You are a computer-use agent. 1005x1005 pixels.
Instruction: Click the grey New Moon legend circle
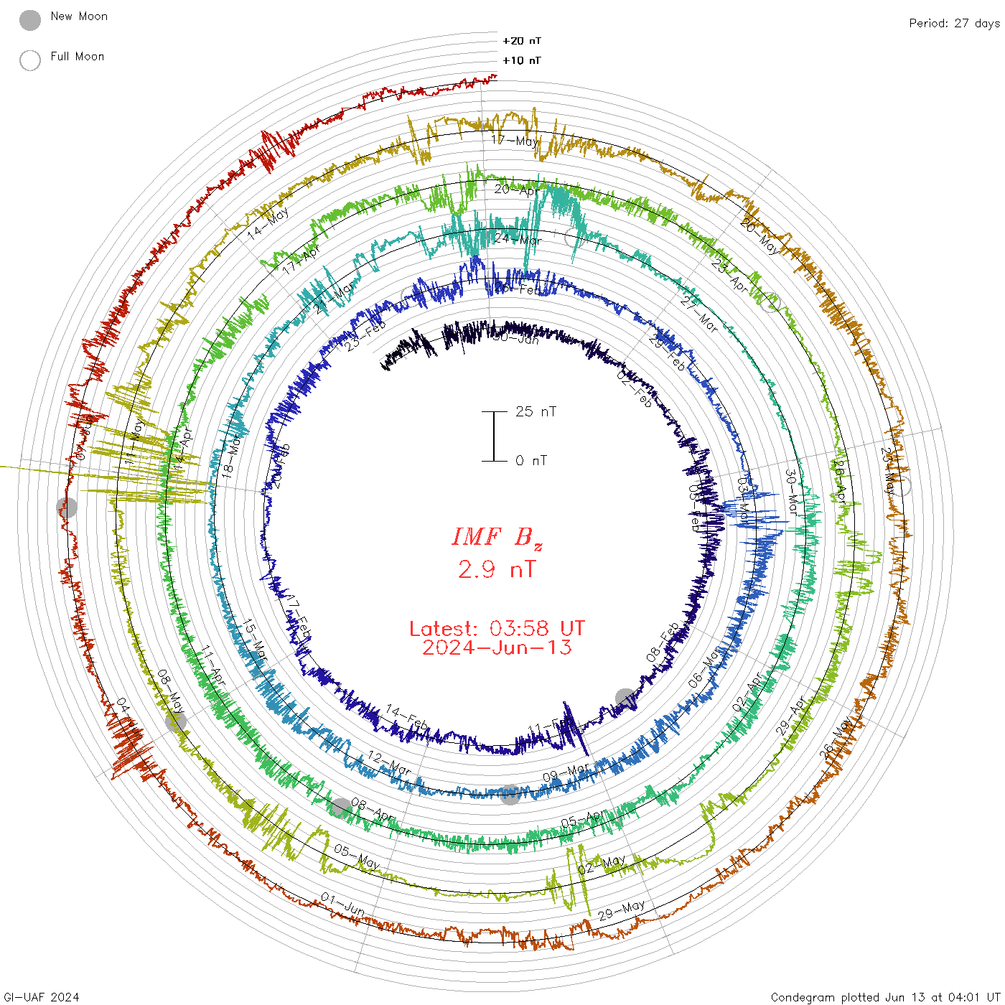tap(30, 21)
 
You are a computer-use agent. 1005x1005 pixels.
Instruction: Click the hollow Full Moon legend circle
tap(30, 61)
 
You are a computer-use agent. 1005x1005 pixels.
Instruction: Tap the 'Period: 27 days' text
tap(954, 24)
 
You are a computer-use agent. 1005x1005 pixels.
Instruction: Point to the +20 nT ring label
tap(522, 42)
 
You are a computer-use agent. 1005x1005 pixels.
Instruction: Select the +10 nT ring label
tap(522, 61)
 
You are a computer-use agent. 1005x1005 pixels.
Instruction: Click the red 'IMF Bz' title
tap(497, 537)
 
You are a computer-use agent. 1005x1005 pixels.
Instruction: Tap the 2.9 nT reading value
tap(497, 569)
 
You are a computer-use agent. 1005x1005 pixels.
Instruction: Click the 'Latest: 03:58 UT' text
tap(497, 629)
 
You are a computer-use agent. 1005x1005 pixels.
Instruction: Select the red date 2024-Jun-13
tap(497, 648)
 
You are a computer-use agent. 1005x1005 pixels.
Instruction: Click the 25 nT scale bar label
tap(536, 412)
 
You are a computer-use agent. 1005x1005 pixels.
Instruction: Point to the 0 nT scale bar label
tap(531, 461)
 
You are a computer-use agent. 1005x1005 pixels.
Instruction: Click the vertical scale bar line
tap(494, 436)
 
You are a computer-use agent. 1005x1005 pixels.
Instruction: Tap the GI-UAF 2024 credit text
tap(42, 997)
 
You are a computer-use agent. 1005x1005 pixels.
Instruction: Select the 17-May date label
tap(515, 141)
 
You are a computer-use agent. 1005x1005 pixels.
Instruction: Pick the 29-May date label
tap(622, 910)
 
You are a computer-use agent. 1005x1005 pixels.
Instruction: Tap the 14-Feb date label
tap(407, 718)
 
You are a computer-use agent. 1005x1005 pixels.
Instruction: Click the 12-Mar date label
tap(389, 763)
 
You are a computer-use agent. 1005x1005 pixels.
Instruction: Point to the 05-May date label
tap(356, 856)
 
